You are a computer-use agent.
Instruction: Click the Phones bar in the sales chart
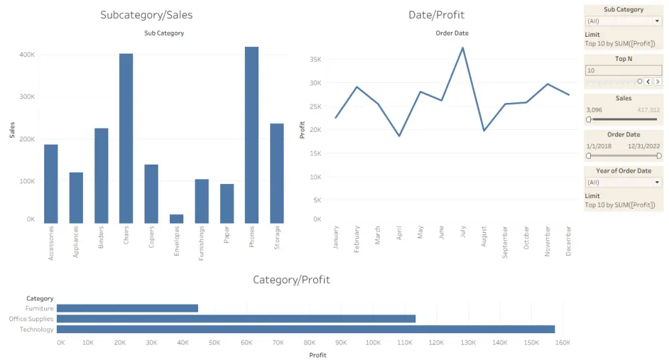(252, 134)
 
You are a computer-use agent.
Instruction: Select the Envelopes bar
(177, 219)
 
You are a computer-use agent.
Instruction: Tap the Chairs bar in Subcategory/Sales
(126, 138)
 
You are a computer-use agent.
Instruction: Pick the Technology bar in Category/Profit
(306, 329)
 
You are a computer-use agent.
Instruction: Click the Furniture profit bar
(127, 308)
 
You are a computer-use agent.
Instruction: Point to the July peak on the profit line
(462, 48)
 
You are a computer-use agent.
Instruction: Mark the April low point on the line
(399, 136)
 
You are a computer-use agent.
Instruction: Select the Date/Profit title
(436, 15)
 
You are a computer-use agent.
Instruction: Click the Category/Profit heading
(291, 280)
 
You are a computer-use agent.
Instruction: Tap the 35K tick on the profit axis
(314, 60)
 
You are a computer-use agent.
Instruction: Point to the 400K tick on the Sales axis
(27, 55)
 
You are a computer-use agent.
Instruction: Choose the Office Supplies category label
(31, 319)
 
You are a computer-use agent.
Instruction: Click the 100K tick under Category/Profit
(373, 343)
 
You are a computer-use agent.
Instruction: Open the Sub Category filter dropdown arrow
(658, 21)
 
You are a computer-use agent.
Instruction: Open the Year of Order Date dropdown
(658, 182)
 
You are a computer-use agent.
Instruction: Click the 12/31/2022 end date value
(644, 145)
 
